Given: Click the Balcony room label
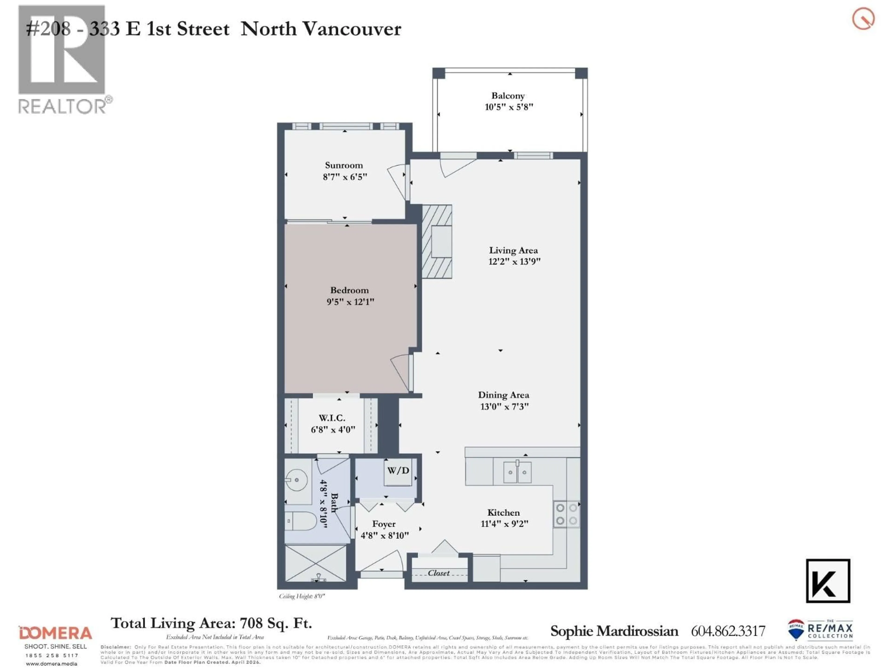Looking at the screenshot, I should [x=508, y=96].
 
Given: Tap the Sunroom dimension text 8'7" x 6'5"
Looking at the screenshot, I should [x=345, y=177].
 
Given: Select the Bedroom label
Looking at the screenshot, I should [x=349, y=290].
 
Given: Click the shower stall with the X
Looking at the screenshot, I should [x=316, y=563].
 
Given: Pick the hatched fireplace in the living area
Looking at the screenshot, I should [x=437, y=241].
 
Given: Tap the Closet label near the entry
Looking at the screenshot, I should [x=439, y=573].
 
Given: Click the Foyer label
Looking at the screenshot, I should [x=383, y=524].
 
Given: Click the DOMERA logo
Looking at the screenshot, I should [x=55, y=633].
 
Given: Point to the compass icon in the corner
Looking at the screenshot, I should [x=863, y=19].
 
